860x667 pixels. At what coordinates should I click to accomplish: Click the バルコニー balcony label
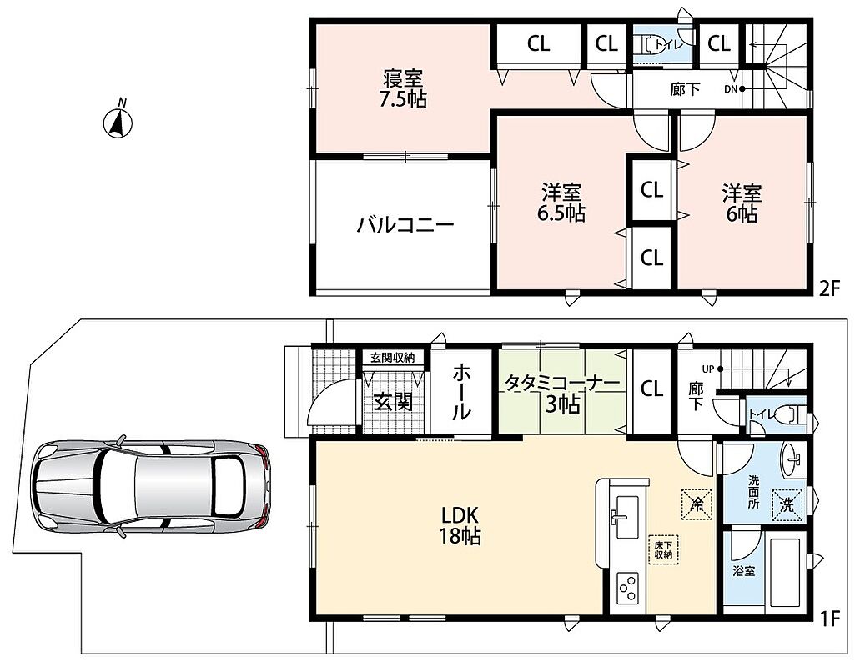405,225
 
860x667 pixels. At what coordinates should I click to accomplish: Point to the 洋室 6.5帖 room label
561,203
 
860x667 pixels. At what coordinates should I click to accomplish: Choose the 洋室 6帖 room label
742,203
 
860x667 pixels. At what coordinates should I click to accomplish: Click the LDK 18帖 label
460,525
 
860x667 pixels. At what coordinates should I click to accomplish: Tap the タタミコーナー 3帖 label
562,394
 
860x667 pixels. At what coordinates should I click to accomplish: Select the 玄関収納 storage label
392,358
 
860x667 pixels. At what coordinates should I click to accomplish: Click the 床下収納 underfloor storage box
662,549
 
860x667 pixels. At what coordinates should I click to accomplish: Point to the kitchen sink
624,518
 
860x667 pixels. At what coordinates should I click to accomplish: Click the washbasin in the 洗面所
791,459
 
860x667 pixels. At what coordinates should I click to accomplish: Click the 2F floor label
829,288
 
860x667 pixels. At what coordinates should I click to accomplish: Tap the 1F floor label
830,619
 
